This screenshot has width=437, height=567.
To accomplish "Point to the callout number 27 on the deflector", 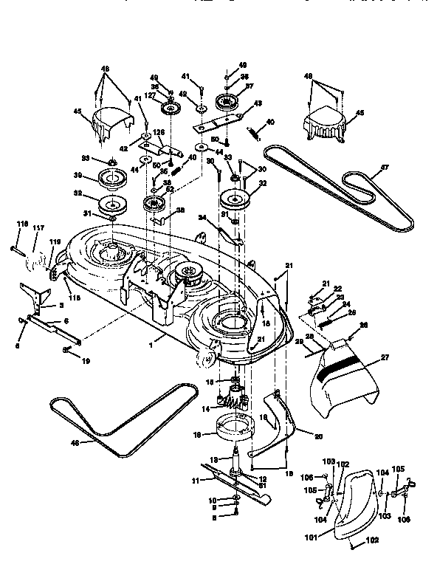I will (383, 357).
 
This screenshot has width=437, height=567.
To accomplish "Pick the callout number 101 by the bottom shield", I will (311, 537).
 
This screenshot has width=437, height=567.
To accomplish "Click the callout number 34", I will (202, 217).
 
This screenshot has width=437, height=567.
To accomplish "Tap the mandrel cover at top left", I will (111, 119).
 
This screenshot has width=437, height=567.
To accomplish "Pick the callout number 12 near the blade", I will (263, 479).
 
